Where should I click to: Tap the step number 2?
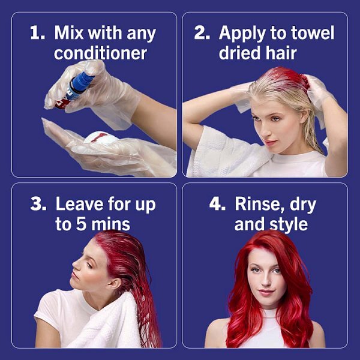[x=202, y=32]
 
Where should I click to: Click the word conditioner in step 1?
[x=100, y=53]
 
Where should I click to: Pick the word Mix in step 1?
[x=68, y=32]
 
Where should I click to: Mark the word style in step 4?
[x=289, y=224]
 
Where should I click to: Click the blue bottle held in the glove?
[x=79, y=84]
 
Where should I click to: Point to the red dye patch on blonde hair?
[x=289, y=77]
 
